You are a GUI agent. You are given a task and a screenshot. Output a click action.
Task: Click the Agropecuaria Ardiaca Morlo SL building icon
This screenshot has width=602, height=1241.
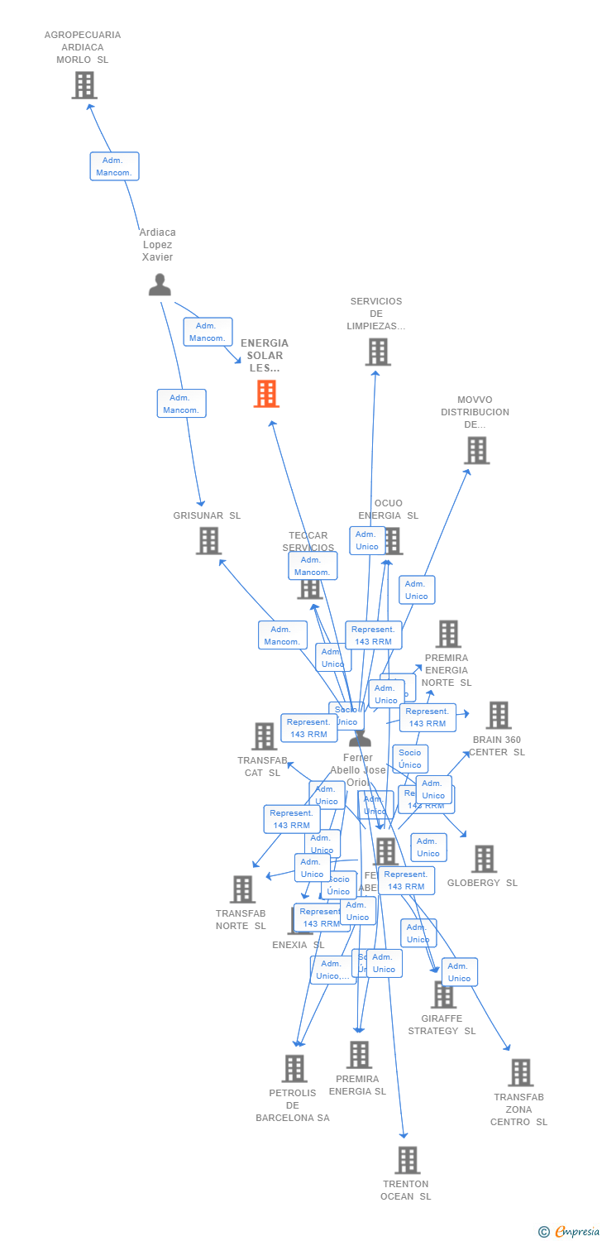coord(84,85)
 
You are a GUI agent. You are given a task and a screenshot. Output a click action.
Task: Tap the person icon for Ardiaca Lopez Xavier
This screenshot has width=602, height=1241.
coord(160,284)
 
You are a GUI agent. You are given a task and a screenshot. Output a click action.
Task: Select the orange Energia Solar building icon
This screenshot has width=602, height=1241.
coord(265,394)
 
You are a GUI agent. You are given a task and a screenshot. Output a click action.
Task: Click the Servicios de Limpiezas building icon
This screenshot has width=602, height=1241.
coord(377,352)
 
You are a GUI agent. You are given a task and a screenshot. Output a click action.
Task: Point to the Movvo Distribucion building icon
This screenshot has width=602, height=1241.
coord(476,450)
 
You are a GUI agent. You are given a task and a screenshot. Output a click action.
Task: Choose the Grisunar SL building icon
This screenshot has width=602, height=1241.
coord(208,541)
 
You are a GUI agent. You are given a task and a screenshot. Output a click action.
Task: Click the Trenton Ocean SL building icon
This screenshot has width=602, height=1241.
coord(407,1160)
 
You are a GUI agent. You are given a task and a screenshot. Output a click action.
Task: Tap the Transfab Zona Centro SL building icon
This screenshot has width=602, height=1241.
coord(520,1072)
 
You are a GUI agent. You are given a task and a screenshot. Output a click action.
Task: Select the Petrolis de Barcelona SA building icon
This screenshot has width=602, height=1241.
coord(294,1068)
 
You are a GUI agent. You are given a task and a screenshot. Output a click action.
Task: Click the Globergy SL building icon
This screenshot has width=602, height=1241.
coord(484,859)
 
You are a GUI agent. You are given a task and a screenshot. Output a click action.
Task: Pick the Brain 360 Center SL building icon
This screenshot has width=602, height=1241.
coord(498,715)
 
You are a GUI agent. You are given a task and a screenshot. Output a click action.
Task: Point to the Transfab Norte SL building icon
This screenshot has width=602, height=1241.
coord(242,889)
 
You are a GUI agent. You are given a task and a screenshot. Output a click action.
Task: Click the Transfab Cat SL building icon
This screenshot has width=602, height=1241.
coord(264,735)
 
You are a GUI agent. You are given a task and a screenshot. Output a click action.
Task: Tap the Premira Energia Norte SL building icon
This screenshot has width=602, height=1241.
coord(447,634)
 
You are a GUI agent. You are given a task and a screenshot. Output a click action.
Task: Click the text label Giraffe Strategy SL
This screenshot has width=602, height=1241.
coord(442,1025)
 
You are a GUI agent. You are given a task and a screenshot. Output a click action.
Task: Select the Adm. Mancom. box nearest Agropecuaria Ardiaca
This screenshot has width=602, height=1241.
coord(114,166)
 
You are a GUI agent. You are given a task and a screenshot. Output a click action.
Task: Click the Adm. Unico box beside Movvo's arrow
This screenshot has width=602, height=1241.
coord(417,590)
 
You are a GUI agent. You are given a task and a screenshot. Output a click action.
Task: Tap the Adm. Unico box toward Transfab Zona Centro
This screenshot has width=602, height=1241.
coord(459,972)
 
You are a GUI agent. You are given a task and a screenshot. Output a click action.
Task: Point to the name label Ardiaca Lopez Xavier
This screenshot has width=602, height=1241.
coord(157,245)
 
